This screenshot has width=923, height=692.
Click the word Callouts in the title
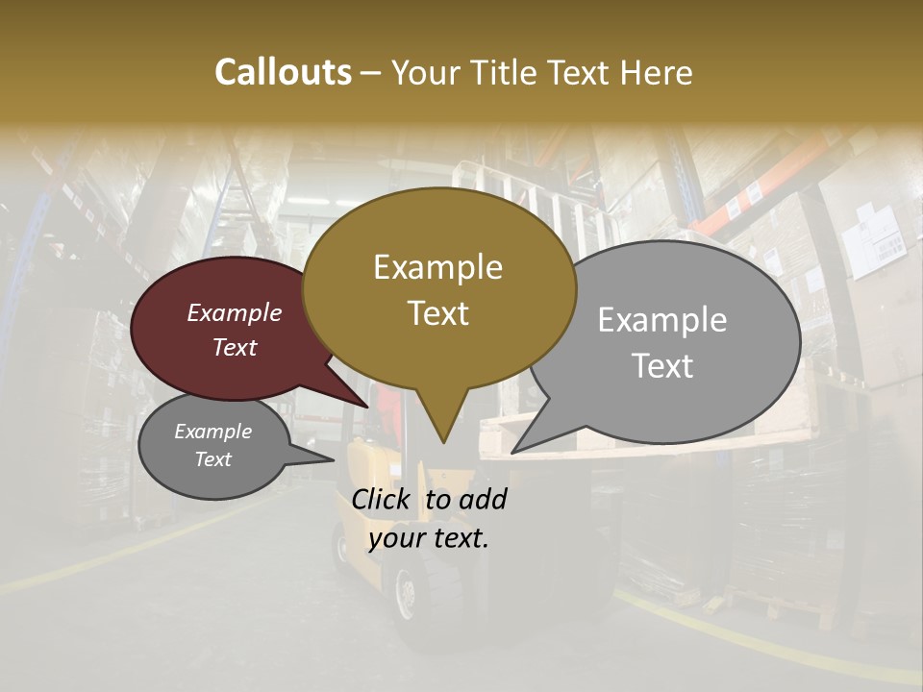pos(283,72)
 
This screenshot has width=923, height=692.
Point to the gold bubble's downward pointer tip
pos(442,441)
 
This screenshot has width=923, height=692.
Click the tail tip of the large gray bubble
pos(513,451)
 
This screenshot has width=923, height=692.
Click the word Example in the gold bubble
pos(437,267)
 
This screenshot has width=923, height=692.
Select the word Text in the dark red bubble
pos(235,347)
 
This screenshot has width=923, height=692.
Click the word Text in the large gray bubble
pos(662,366)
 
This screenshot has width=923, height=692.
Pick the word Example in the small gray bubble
pos(212,432)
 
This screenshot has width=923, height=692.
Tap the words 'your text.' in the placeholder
pos(428,537)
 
